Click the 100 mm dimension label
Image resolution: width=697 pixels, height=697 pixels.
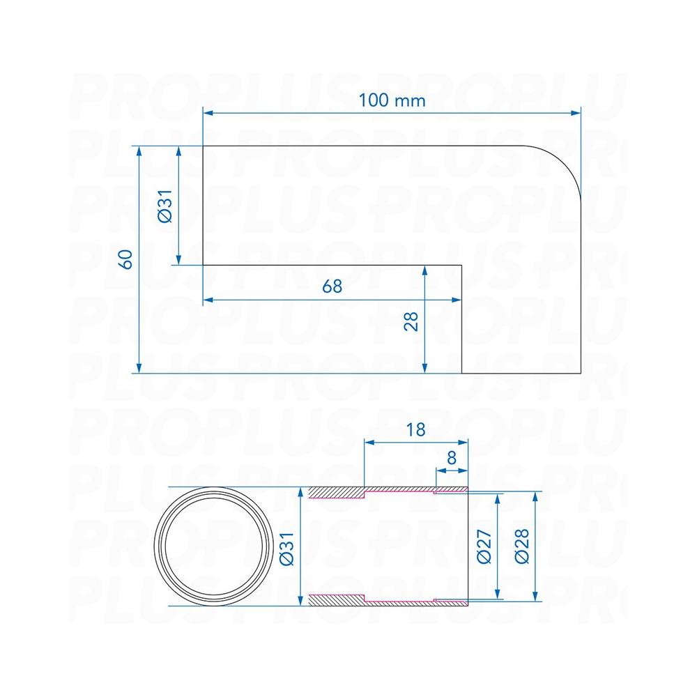pyautogui.click(x=392, y=100)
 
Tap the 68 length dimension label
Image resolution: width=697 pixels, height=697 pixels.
pyautogui.click(x=332, y=286)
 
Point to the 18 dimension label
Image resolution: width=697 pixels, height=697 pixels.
pyautogui.click(x=415, y=430)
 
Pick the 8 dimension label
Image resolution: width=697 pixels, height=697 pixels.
pyautogui.click(x=452, y=457)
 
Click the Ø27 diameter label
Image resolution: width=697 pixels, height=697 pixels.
pyautogui.click(x=484, y=546)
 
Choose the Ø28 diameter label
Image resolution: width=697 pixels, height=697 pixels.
pyautogui.click(x=522, y=546)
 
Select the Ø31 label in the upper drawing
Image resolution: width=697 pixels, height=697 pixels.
pyautogui.click(x=165, y=206)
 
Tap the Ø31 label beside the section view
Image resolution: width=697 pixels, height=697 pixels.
pyautogui.click(x=287, y=549)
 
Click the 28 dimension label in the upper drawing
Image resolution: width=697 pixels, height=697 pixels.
pyautogui.click(x=411, y=321)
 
